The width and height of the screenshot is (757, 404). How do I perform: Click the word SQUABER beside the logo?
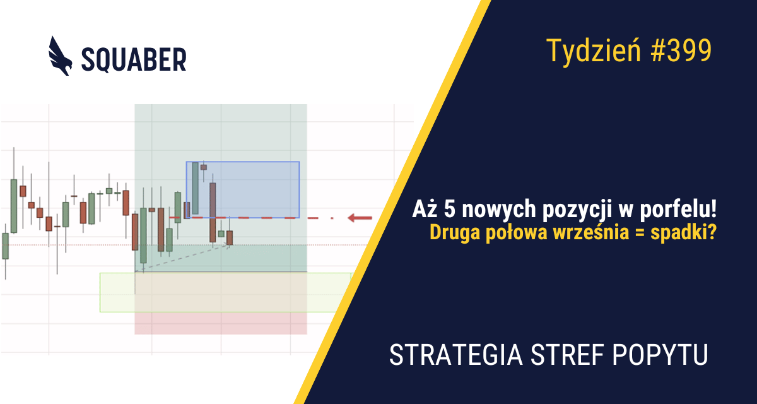pyautogui.click(x=134, y=59)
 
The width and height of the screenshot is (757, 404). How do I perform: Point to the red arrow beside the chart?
pyautogui.click(x=360, y=218)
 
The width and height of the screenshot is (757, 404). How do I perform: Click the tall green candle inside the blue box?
pyautogui.click(x=195, y=188)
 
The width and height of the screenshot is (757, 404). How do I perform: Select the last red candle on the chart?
pyautogui.click(x=230, y=237)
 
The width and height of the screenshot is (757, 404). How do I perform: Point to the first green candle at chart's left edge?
pyautogui.click(x=6, y=246)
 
